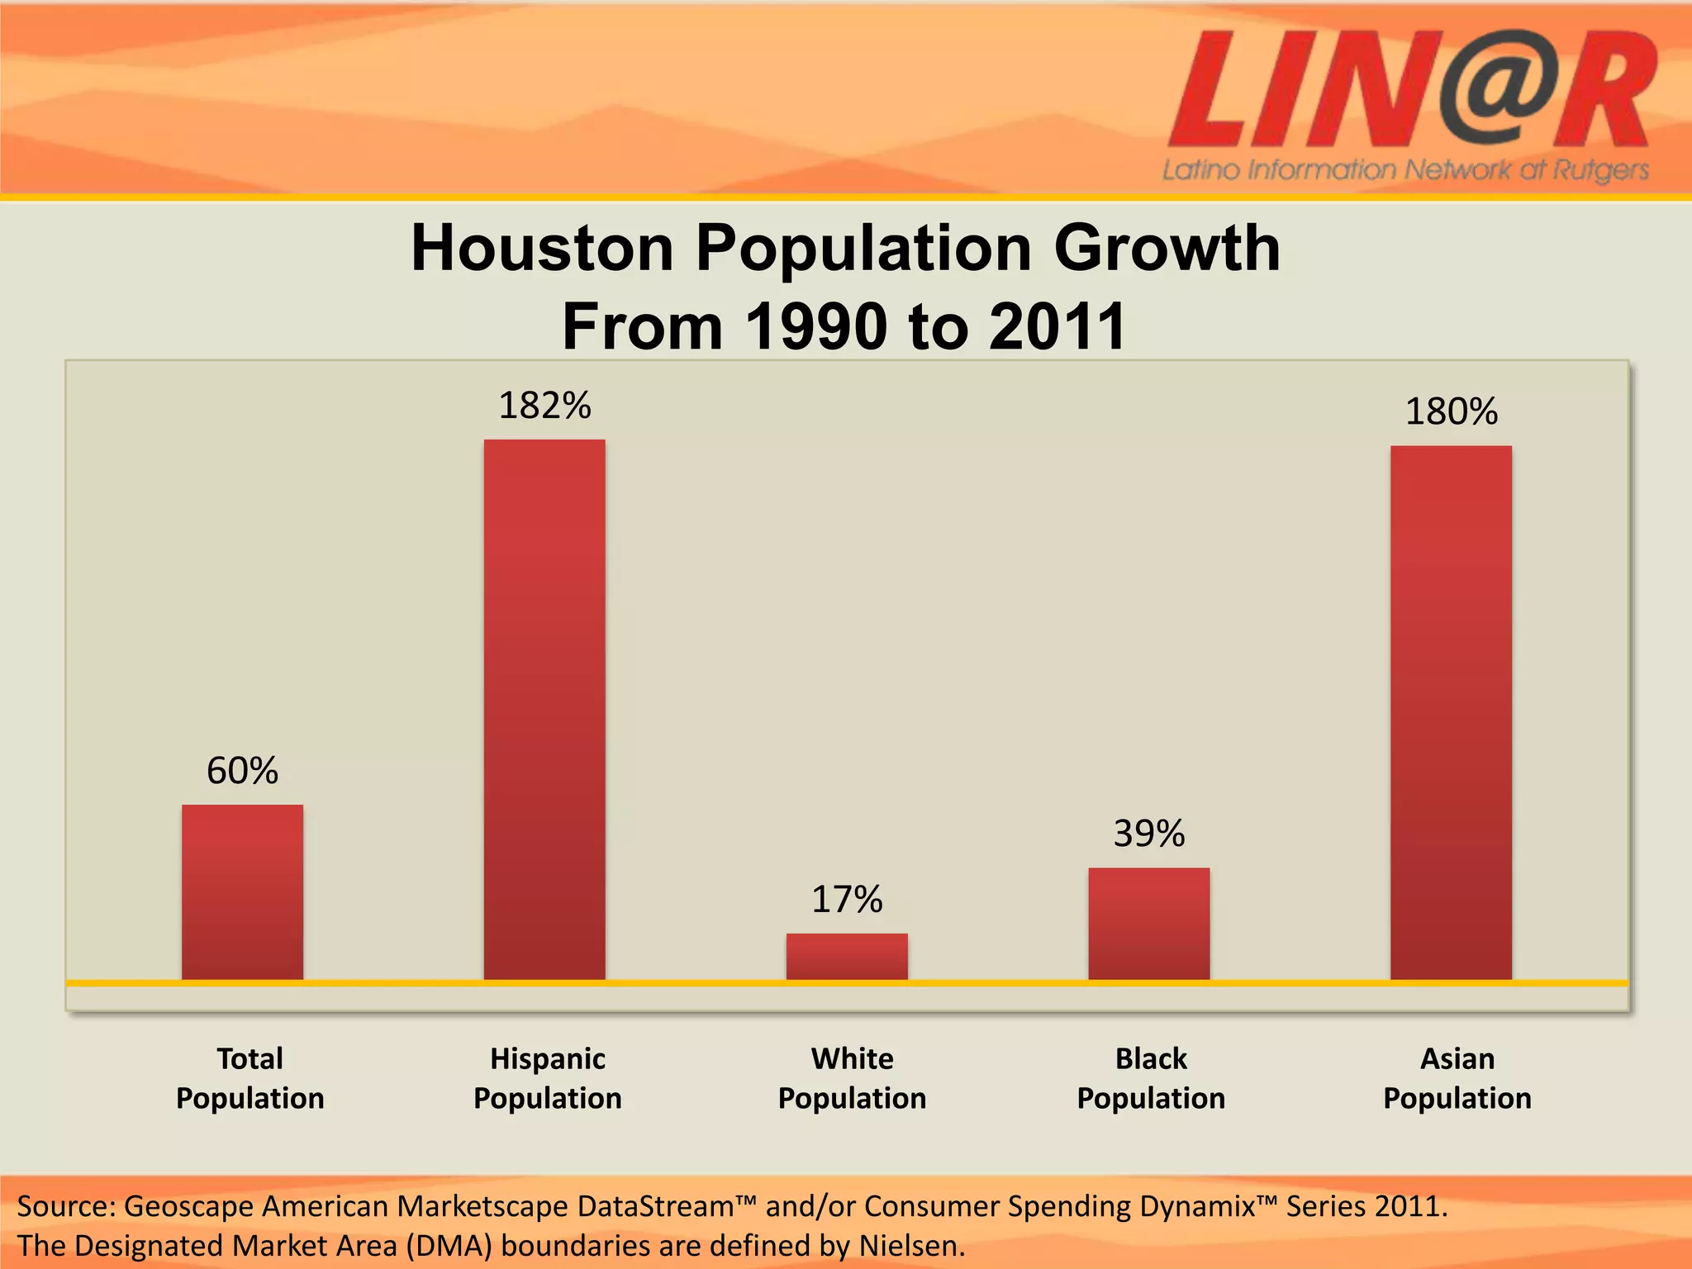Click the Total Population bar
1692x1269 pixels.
coord(242,892)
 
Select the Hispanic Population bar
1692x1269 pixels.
coord(544,711)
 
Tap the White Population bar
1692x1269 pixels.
coord(847,957)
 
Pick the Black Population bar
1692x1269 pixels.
coord(1149,924)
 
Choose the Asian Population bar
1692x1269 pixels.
coord(1451,712)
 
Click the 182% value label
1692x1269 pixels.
coord(544,406)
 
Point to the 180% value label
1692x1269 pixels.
coord(1451,411)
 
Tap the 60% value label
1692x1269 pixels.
coord(242,771)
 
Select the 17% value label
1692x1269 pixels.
coord(847,900)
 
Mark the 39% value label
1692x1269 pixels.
coord(1149,834)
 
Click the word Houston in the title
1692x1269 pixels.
coord(543,248)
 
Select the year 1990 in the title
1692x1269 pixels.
coord(817,327)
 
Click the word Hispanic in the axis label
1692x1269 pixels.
coord(548,1059)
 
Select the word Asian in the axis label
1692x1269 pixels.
coord(1457,1059)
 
